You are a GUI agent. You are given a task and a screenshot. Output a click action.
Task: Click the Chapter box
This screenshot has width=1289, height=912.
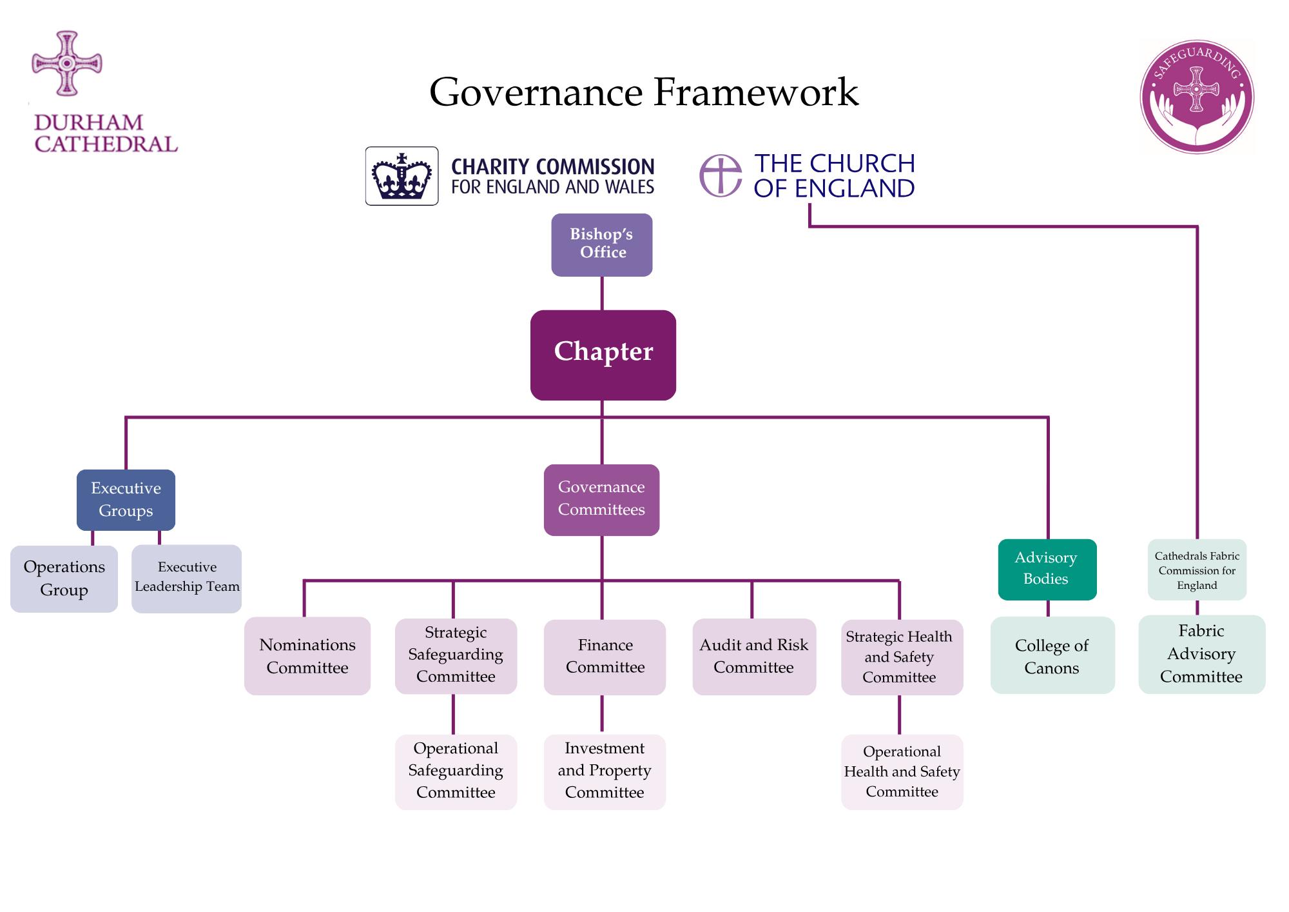[603, 355]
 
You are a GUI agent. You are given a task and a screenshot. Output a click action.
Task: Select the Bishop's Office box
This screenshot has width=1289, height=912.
[602, 245]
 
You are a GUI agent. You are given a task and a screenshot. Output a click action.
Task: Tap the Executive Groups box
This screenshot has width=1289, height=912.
[126, 500]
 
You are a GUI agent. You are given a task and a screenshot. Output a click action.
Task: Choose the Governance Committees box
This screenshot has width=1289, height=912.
[601, 500]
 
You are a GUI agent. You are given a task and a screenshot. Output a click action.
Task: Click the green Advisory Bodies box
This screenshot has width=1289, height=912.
[1047, 570]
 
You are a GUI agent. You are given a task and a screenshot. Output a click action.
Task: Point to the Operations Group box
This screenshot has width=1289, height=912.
[64, 579]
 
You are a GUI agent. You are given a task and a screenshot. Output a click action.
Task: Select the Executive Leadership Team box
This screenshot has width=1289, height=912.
[187, 579]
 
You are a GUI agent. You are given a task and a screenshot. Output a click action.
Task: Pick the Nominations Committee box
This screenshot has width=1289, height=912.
[307, 656]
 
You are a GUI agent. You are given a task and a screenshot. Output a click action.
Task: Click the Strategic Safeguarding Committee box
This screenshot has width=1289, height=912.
[456, 657]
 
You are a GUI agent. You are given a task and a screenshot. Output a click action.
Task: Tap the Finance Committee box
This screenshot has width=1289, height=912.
[605, 657]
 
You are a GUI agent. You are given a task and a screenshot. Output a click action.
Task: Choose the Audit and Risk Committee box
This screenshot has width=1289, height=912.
[754, 657]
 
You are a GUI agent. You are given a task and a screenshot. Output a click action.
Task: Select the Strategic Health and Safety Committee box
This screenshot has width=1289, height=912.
[902, 657]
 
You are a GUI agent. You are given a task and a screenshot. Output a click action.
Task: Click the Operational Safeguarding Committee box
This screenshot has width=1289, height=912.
[456, 772]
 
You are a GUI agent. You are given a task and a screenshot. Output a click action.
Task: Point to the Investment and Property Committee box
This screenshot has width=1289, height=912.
[605, 772]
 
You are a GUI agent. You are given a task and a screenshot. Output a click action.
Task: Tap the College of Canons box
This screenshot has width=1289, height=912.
[1052, 655]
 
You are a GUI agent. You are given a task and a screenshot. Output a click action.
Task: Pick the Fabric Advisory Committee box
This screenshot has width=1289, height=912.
[1202, 655]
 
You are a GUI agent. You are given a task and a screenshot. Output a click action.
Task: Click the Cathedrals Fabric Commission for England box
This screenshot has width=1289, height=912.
[1197, 570]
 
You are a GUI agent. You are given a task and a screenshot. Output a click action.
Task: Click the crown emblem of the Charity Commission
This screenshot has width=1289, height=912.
[402, 176]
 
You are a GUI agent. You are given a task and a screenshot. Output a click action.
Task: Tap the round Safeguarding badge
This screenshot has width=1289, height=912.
[1197, 97]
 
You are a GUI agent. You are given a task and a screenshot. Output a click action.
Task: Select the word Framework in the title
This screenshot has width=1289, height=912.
[756, 92]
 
